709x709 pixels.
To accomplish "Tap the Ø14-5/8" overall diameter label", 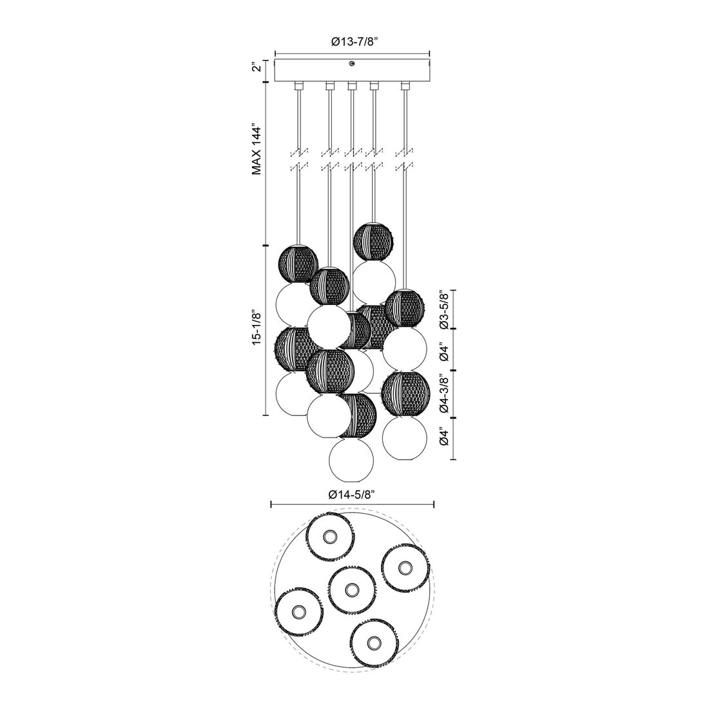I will click(x=352, y=494).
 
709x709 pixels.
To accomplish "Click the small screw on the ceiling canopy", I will click(x=352, y=63).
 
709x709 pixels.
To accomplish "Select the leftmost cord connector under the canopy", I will click(x=298, y=86).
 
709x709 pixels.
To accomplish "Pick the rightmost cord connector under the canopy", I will click(x=405, y=86).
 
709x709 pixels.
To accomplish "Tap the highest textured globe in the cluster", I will click(x=374, y=240).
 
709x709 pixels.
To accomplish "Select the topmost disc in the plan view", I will click(x=329, y=536).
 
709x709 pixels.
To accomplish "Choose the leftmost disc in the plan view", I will click(x=298, y=610).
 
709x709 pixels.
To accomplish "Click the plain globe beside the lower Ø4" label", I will click(x=405, y=438).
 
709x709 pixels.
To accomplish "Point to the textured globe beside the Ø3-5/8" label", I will click(x=404, y=308).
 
